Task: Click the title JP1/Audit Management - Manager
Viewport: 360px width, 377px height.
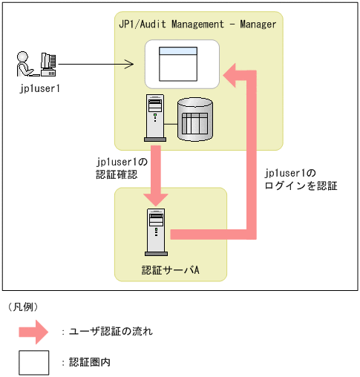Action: pos(197,24)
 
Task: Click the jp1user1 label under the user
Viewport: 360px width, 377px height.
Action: pos(39,88)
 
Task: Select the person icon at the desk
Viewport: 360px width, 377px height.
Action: pos(25,64)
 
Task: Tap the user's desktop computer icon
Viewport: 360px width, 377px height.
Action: pos(48,65)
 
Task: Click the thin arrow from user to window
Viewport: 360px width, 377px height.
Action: pos(96,64)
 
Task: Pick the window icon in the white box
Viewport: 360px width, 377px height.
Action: pos(178,64)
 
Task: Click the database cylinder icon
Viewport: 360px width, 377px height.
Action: pos(195,119)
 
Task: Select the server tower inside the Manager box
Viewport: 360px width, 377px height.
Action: pos(155,118)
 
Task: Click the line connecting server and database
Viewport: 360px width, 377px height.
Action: pos(171,124)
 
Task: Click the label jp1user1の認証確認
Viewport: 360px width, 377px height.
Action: pos(122,168)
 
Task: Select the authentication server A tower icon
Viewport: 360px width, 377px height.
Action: pos(156,232)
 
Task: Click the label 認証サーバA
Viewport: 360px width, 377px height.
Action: pos(171,270)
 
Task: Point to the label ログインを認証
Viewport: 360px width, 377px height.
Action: pos(301,186)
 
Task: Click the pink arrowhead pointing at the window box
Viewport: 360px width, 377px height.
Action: pos(229,75)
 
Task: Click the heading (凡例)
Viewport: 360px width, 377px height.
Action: pos(23,307)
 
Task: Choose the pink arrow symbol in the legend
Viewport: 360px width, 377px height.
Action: pos(33,332)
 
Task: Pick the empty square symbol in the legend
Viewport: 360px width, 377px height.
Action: pos(34,363)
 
